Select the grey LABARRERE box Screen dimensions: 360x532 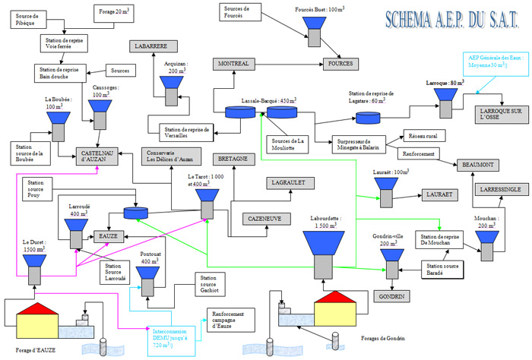(x=150, y=46)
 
